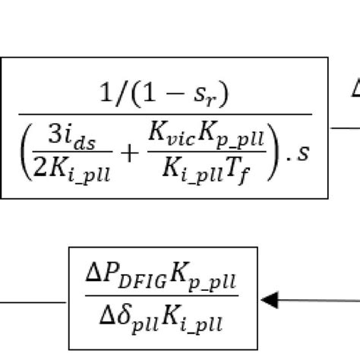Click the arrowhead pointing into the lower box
(267, 300)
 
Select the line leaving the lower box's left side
(34, 302)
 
